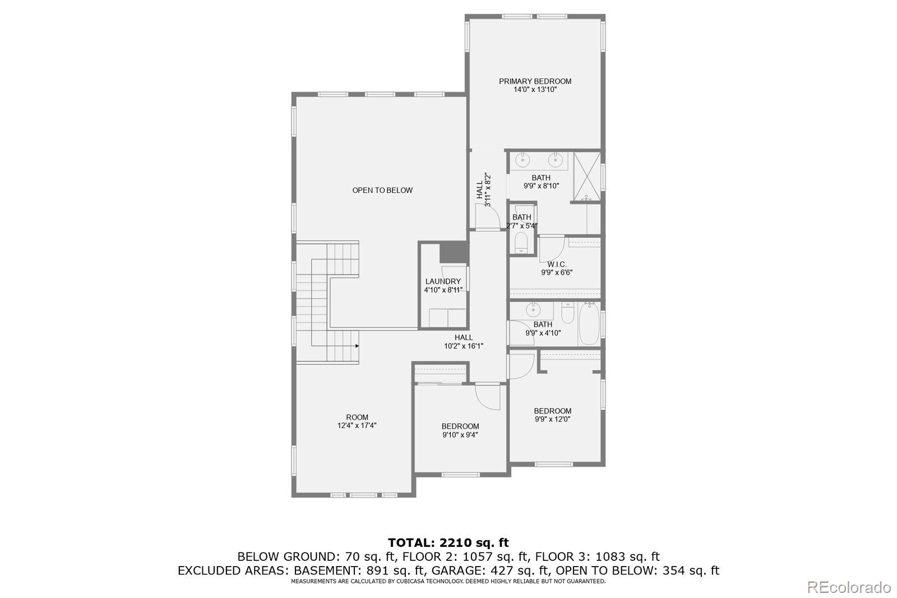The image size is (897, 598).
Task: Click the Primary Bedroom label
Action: click(535, 81)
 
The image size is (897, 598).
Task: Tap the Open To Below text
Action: click(382, 190)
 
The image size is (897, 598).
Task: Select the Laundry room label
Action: click(443, 282)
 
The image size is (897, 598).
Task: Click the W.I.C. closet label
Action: click(557, 264)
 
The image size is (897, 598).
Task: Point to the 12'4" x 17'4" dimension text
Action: click(357, 425)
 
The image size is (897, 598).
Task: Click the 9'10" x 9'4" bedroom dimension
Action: click(460, 435)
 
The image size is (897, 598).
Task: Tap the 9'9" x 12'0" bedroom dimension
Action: click(552, 419)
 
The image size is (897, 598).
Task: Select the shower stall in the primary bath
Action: click(587, 177)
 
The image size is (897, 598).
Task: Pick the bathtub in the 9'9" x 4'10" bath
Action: click(589, 324)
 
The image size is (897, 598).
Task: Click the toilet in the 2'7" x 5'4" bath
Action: click(522, 243)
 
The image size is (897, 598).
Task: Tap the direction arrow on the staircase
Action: click(357, 346)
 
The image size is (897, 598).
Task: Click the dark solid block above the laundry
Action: click(453, 252)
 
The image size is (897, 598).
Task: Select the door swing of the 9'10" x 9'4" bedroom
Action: click(487, 397)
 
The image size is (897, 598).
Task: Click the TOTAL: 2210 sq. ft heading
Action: click(448, 542)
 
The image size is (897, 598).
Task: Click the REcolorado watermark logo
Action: click(848, 587)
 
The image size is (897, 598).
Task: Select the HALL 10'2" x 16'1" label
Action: click(464, 342)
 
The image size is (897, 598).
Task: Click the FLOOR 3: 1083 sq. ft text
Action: click(597, 557)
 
